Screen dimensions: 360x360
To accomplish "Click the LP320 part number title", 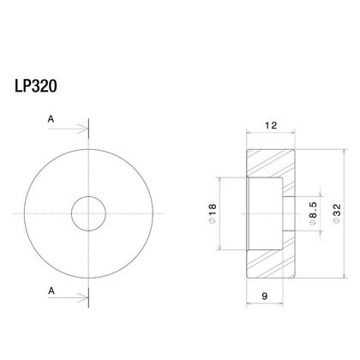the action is [x=36, y=86].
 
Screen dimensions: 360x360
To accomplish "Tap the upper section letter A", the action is [x=51, y=119].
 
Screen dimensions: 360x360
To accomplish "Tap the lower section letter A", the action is [x=51, y=291].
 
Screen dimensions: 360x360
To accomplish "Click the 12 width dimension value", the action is [x=271, y=125].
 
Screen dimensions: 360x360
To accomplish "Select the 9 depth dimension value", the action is [x=265, y=297].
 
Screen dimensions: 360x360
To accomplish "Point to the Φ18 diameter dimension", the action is [x=213, y=213].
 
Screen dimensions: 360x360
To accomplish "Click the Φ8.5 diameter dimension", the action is [x=314, y=213].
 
